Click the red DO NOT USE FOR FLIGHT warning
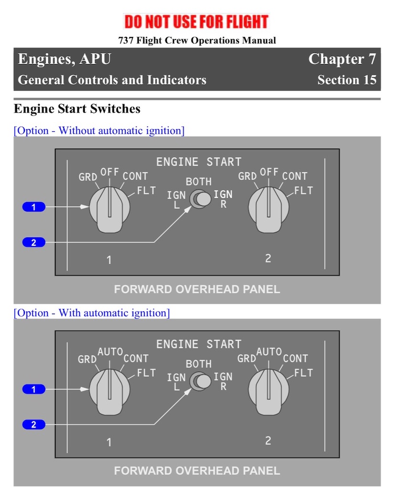pos(196,21)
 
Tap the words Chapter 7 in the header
pos(342,59)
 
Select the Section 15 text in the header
pos(347,80)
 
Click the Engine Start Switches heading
pos(77,109)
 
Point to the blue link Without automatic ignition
pos(99,130)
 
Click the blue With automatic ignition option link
pos(92,313)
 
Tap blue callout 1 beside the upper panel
pos(34,207)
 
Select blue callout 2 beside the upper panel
pos(34,242)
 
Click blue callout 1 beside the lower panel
pos(34,389)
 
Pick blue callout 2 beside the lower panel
pos(34,425)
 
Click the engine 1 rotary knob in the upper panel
pos(109,210)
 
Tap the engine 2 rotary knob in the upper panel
pos(268,210)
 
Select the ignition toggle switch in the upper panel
pos(201,199)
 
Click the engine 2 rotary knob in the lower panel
pos(268,392)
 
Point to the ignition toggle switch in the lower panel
pos(201,381)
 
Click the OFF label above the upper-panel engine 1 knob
pos(109,172)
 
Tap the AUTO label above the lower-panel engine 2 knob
pos(269,352)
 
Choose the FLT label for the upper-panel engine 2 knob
pos(304,191)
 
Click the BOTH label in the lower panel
pos(199,364)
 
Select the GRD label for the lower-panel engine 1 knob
pos(87,359)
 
